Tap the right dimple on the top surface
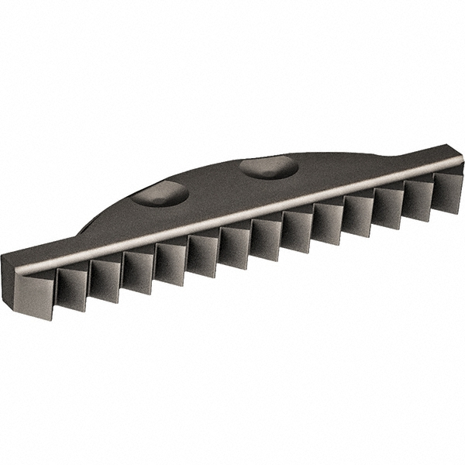click(268, 167)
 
